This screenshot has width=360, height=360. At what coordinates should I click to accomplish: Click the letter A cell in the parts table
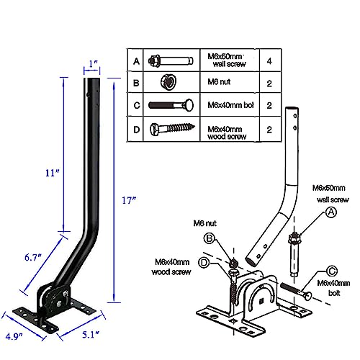pyautogui.click(x=135, y=60)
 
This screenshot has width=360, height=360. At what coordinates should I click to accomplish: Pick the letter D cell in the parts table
pyautogui.click(x=135, y=130)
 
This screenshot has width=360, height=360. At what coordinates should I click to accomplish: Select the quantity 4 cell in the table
pyautogui.click(x=268, y=60)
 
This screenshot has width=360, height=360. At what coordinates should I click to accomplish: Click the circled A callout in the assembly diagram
pyautogui.click(x=331, y=212)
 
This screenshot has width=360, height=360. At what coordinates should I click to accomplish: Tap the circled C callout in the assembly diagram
pyautogui.click(x=332, y=271)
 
